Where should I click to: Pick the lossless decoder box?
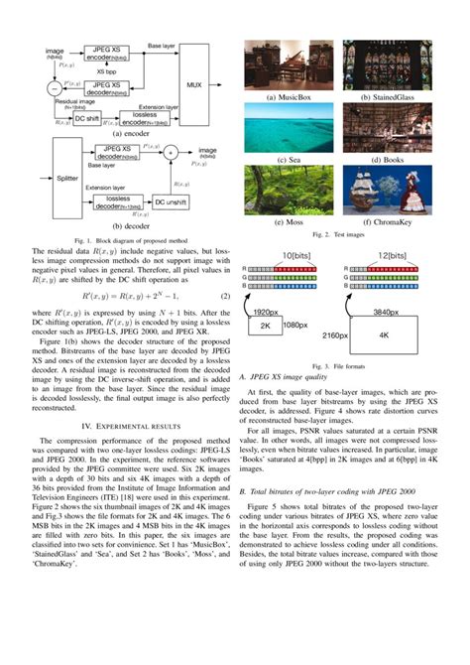coord(112,201)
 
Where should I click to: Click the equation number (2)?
coord(224,295)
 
